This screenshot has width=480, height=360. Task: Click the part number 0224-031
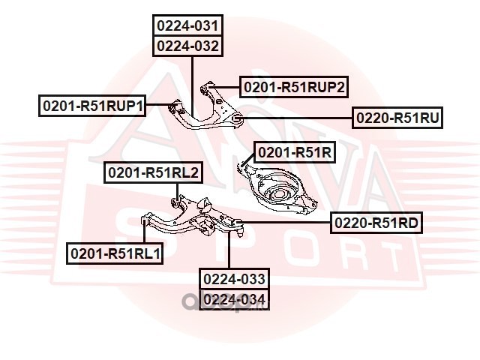[x=188, y=25]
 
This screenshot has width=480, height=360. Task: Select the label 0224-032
[x=188, y=46]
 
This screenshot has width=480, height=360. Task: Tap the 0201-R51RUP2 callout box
[x=294, y=87]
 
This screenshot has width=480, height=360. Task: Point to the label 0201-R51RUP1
[x=92, y=106]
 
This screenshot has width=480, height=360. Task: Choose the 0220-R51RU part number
[x=397, y=118]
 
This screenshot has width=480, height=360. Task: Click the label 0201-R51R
[x=295, y=152]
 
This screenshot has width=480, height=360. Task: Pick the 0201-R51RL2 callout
[x=153, y=172]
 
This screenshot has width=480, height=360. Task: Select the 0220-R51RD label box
[x=376, y=223]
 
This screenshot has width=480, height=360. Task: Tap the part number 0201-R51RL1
[x=115, y=253]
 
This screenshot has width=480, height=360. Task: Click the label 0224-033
[x=234, y=279]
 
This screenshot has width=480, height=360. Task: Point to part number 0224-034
[x=234, y=299]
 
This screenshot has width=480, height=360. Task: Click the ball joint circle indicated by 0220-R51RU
[x=237, y=118]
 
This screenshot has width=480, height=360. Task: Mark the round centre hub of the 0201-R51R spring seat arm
[x=277, y=194]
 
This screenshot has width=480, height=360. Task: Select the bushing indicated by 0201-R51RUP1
[x=173, y=107]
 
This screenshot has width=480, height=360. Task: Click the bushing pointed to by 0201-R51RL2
[x=175, y=202]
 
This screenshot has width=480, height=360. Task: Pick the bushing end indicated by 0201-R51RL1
[x=143, y=220]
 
